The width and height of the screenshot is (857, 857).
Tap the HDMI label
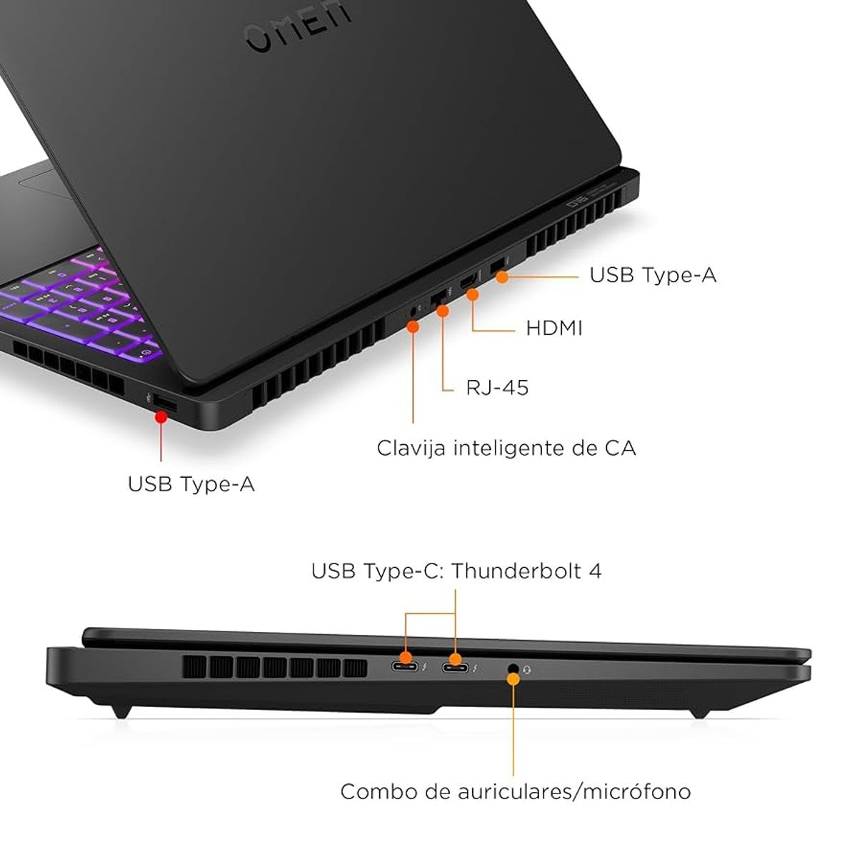[x=553, y=328]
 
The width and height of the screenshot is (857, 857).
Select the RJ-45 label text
[x=496, y=387]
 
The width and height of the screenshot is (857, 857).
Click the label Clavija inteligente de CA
[x=506, y=448]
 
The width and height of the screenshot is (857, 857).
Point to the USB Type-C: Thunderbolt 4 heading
[x=456, y=571]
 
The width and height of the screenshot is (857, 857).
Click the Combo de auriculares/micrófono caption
[x=515, y=791]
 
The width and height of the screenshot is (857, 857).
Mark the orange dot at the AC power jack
[x=413, y=326]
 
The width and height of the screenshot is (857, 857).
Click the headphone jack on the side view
[x=513, y=668]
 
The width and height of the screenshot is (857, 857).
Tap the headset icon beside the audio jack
[x=528, y=669]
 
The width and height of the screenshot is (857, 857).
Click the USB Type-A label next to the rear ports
[x=652, y=275]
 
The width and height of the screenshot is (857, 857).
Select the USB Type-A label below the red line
[x=191, y=484]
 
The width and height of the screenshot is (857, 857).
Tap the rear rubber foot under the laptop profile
[x=121, y=710]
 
